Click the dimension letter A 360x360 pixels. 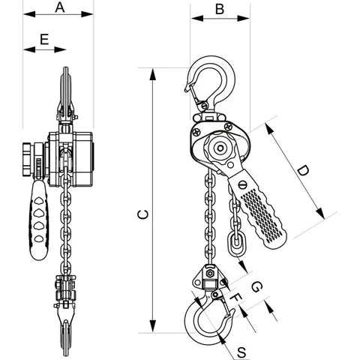coord(59,8)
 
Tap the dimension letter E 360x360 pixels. coord(44,37)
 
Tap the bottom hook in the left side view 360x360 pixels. coord(66,330)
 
